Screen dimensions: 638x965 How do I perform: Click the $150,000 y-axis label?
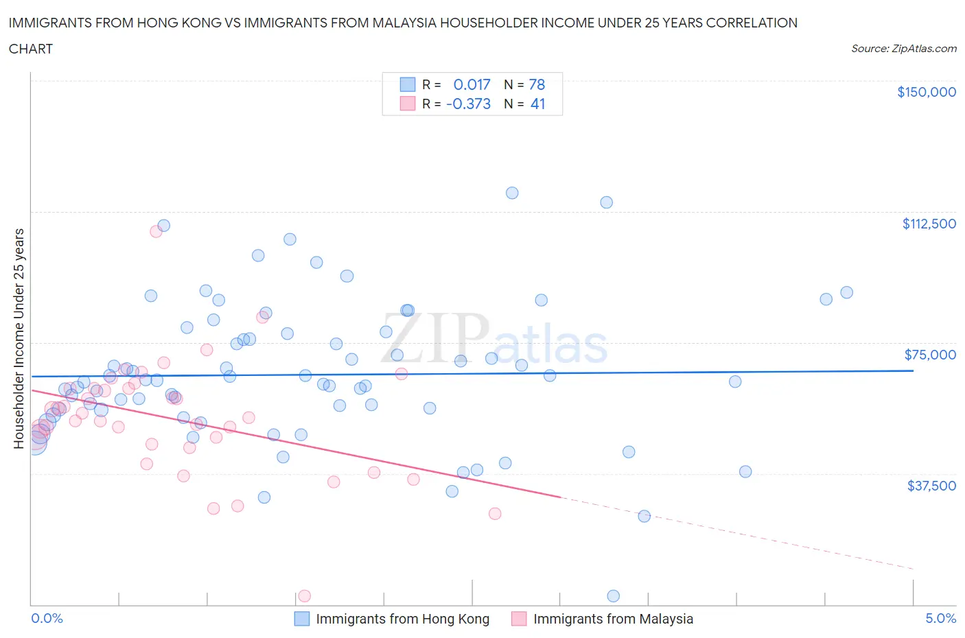(x=926, y=92)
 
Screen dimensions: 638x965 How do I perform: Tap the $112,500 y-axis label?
(x=929, y=224)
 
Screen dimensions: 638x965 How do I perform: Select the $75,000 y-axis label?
(x=929, y=355)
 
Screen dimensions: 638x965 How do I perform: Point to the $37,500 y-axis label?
(x=931, y=486)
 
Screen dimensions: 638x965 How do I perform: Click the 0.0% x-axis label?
(x=47, y=618)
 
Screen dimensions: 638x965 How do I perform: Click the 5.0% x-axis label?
(x=940, y=618)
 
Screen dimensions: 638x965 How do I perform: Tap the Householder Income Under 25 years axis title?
(x=19, y=338)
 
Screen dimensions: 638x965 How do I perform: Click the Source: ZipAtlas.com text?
(x=903, y=49)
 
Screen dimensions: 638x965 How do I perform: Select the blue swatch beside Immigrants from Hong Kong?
(x=302, y=619)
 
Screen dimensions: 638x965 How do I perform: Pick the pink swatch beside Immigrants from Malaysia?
(x=519, y=619)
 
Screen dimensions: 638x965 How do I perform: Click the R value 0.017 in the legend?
(x=472, y=84)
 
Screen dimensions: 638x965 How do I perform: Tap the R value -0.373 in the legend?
(x=468, y=104)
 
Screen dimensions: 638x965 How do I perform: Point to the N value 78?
(x=537, y=84)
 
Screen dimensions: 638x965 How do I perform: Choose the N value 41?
(x=537, y=104)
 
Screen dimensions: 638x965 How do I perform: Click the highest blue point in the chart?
(x=512, y=193)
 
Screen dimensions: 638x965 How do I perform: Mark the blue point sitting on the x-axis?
(x=614, y=596)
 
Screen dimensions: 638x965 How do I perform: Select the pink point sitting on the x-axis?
(x=305, y=596)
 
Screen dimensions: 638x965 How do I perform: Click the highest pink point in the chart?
(x=156, y=231)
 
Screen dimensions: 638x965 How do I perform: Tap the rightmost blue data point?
(x=847, y=292)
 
